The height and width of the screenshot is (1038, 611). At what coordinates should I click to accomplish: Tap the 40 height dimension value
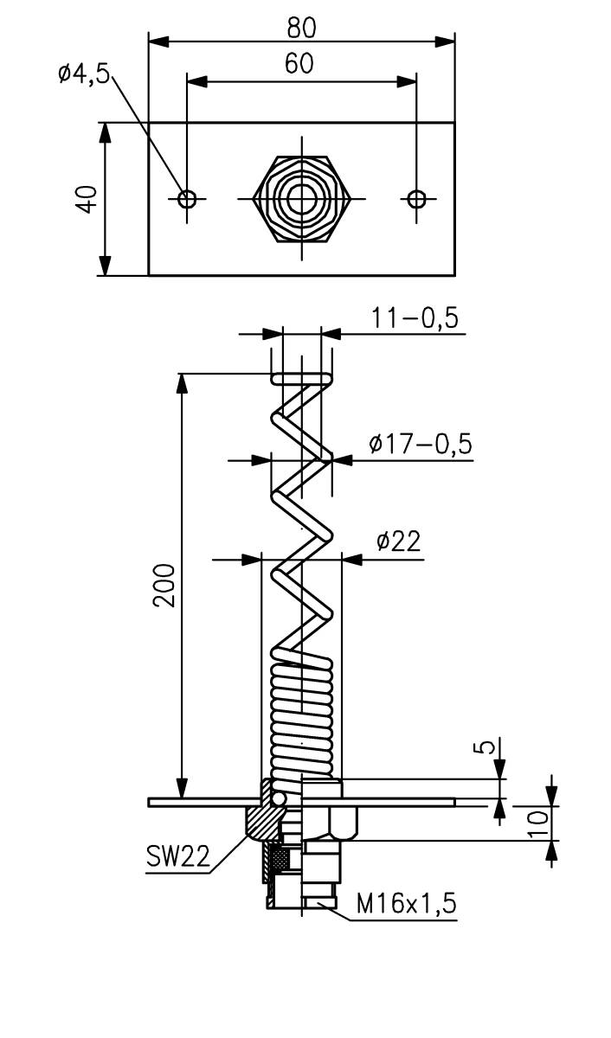click(x=85, y=201)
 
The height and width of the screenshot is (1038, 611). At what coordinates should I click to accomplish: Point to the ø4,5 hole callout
click(x=84, y=74)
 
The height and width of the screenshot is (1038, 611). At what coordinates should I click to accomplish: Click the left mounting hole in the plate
click(x=187, y=199)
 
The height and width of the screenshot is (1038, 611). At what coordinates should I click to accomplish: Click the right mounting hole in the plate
click(x=416, y=199)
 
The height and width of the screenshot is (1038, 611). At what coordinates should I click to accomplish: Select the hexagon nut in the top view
click(x=302, y=199)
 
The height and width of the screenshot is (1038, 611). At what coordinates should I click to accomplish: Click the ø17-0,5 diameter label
click(x=420, y=444)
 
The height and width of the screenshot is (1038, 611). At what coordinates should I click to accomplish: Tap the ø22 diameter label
click(x=398, y=541)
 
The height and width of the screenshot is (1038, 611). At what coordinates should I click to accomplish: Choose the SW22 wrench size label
click(x=177, y=858)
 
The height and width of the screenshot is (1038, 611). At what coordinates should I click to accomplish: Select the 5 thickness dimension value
click(x=489, y=746)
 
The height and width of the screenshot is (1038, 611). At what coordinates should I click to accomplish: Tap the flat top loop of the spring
click(x=301, y=379)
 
